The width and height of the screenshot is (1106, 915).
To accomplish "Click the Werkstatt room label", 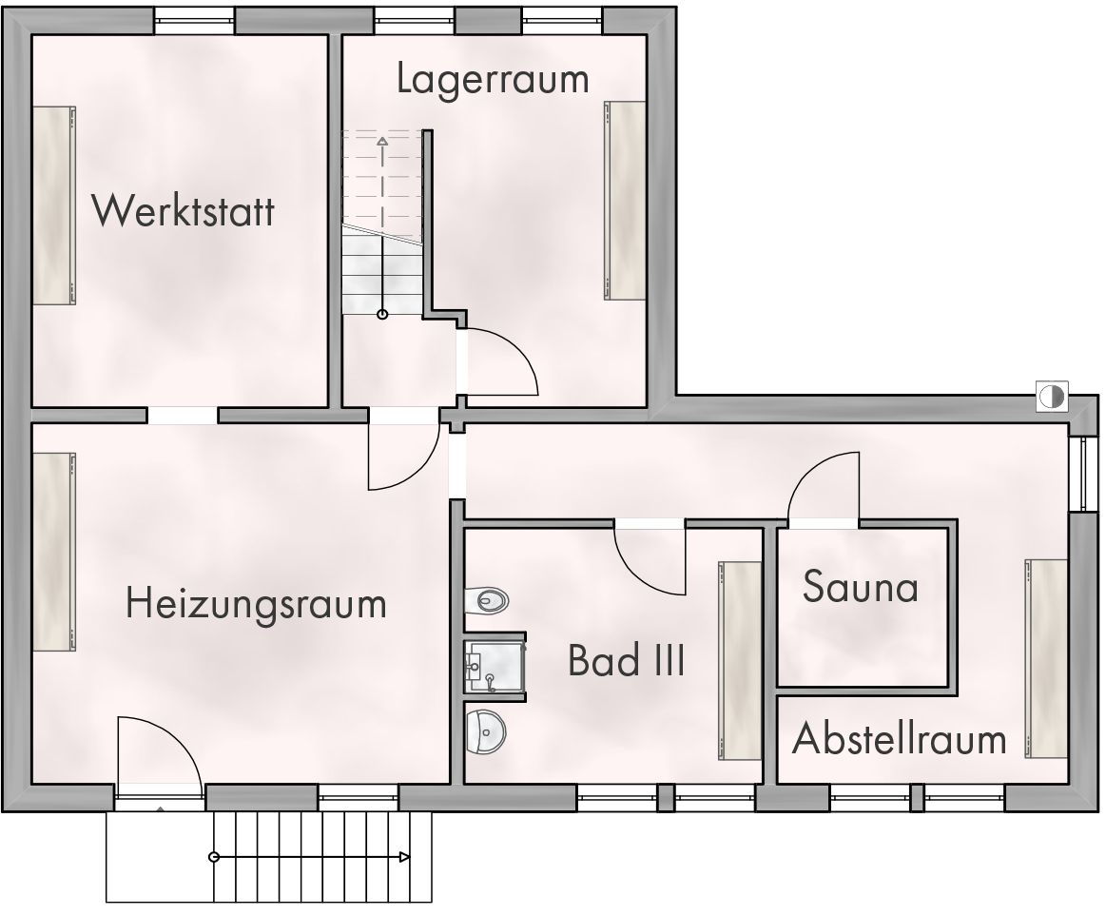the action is pyautogui.click(x=184, y=210).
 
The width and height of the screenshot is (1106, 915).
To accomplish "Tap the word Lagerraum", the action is pyautogui.click(x=493, y=79).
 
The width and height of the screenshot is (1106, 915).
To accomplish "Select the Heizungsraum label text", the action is pyautogui.click(x=256, y=605).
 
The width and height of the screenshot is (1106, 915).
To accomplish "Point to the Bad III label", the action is pyautogui.click(x=627, y=661).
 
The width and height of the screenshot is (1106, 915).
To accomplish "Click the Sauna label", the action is pyautogui.click(x=860, y=586).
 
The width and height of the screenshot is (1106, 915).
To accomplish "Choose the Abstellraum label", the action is pyautogui.click(x=900, y=739).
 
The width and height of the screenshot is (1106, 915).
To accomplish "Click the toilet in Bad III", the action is pyautogui.click(x=488, y=601).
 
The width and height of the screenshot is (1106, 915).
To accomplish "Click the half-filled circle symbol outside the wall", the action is pyautogui.click(x=1052, y=397).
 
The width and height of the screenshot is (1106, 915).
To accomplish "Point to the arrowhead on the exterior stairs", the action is pyautogui.click(x=404, y=857).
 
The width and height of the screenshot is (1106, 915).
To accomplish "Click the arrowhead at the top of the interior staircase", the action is pyautogui.click(x=382, y=141).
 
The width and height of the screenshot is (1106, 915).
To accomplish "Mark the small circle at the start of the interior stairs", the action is pyautogui.click(x=382, y=315).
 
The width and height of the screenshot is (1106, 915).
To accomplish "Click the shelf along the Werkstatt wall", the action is pyautogui.click(x=54, y=206).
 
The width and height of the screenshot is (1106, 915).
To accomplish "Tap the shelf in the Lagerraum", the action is pyautogui.click(x=625, y=201).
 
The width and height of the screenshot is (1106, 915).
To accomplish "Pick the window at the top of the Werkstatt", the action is pyautogui.click(x=194, y=21).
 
